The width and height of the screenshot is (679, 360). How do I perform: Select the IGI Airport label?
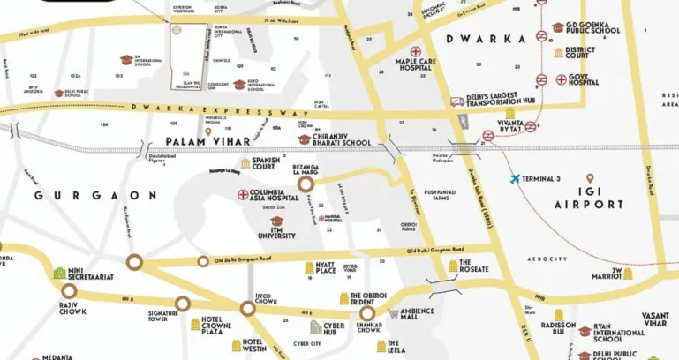(x=590, y=197)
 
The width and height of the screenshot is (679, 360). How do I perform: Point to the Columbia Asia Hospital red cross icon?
(x=243, y=193)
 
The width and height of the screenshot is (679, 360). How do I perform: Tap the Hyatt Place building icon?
(x=307, y=267)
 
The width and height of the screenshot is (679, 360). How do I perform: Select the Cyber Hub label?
(x=327, y=326)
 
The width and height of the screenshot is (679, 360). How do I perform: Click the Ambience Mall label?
(x=417, y=314)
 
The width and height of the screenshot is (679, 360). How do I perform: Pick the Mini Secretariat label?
(x=93, y=273)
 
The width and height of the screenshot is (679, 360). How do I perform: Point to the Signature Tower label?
(x=163, y=314)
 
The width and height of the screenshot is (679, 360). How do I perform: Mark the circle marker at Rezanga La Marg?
(x=306, y=184)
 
